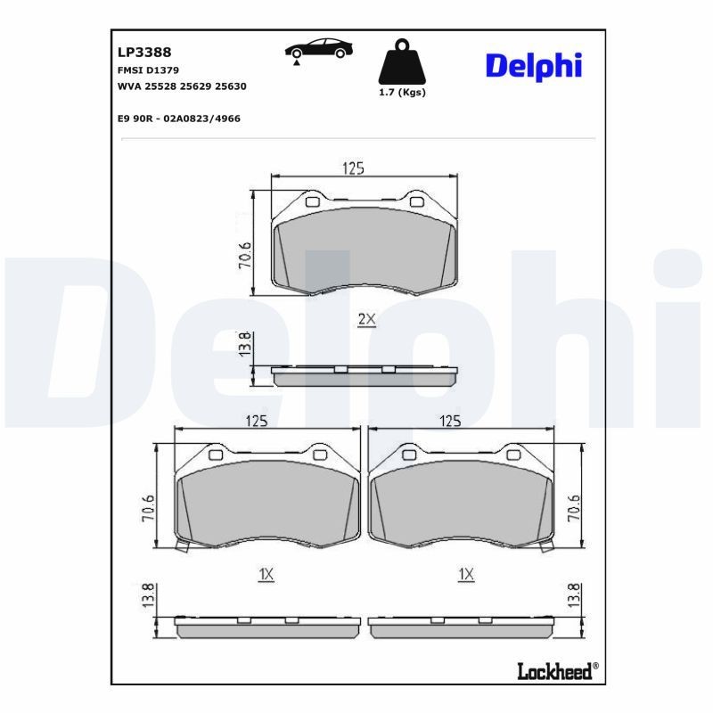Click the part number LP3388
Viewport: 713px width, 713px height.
pos(138,53)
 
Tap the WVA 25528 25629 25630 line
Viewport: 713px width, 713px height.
pos(182,86)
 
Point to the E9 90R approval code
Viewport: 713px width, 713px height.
pos(178,118)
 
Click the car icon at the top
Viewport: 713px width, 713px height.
pos(316,51)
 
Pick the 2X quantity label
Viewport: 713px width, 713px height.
pos(367,319)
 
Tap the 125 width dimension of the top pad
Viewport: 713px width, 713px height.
pos(355,168)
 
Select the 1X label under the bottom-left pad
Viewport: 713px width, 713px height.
pos(266,575)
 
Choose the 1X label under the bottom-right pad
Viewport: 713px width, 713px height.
pos(464,575)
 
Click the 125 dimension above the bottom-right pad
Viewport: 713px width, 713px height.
pos(451,421)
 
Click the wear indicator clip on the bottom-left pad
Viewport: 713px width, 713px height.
pos(183,545)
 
